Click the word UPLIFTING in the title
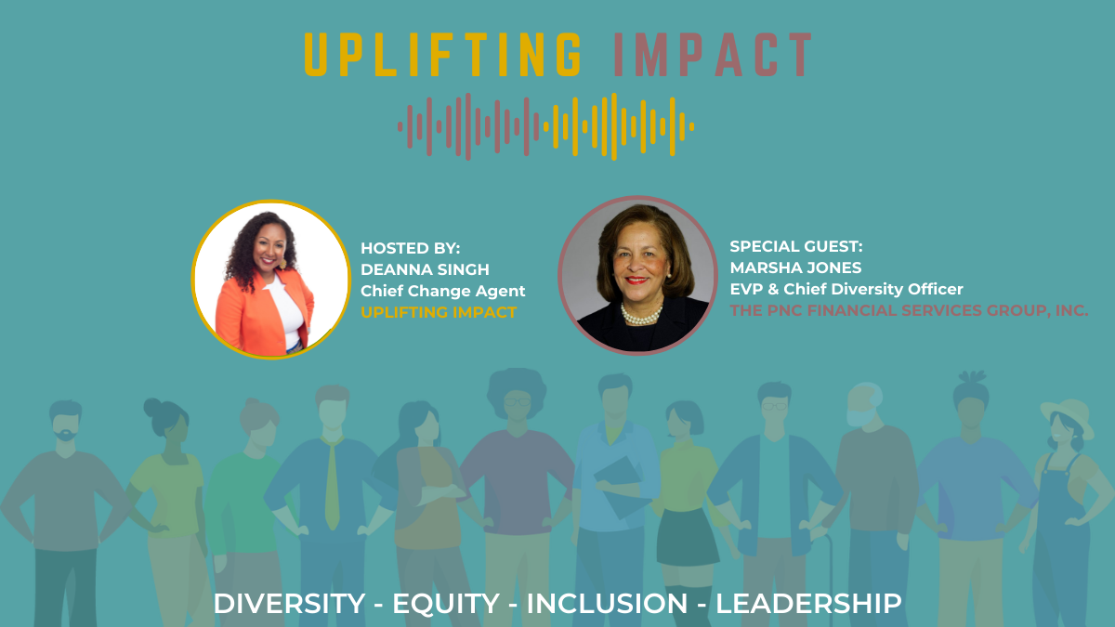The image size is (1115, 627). (x=442, y=55)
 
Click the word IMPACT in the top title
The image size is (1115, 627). (x=714, y=55)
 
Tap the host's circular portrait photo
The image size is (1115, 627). (x=271, y=280)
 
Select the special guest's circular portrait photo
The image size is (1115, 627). (x=637, y=275)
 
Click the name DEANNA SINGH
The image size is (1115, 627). (x=425, y=269)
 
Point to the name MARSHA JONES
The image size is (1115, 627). (x=795, y=268)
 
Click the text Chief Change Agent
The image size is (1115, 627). (x=442, y=291)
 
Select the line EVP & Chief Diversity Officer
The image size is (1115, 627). (x=846, y=289)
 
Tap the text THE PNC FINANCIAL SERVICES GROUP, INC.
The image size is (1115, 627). (x=909, y=310)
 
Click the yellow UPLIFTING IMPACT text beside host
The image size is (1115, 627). (x=439, y=312)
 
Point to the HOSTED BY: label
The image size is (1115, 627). (x=410, y=248)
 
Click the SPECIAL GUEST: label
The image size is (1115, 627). (x=796, y=246)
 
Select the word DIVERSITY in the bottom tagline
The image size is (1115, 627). (x=289, y=604)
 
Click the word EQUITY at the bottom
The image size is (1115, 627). (x=445, y=604)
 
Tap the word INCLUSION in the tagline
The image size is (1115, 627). (x=607, y=604)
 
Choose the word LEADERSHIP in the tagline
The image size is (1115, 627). (x=808, y=604)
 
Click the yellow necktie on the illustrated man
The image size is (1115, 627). (x=333, y=483)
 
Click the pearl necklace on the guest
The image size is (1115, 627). (x=641, y=314)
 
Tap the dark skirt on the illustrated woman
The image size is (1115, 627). (x=687, y=538)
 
